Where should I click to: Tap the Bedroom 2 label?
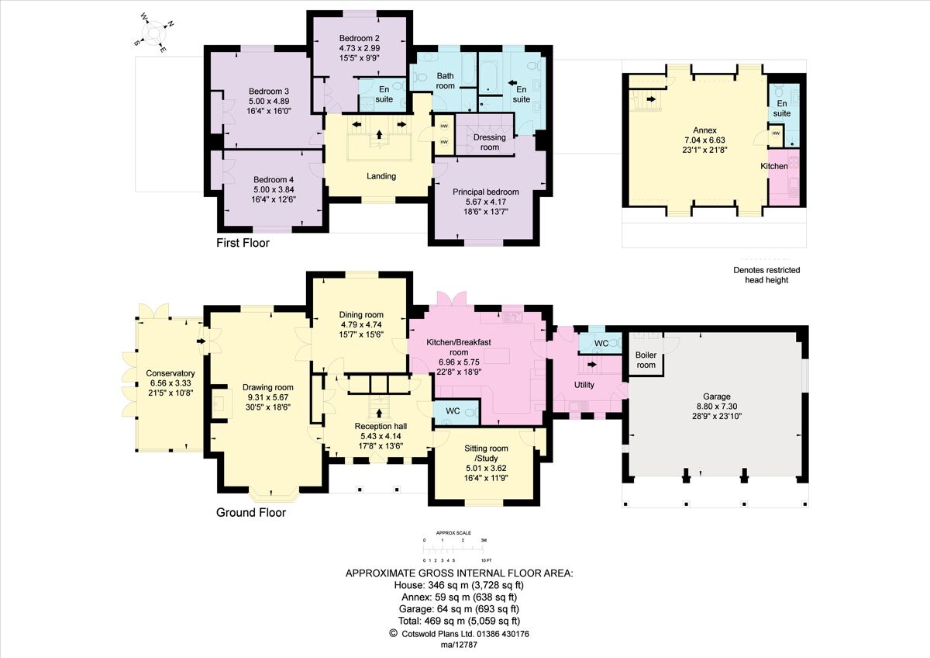(359, 38)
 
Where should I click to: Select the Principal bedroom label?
(487, 192)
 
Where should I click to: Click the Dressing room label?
(489, 142)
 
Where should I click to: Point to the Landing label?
(381, 176)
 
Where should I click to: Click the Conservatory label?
(170, 373)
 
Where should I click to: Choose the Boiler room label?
(646, 360)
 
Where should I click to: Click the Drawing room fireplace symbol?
(220, 403)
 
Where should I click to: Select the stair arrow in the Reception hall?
(379, 414)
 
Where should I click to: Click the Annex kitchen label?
(773, 166)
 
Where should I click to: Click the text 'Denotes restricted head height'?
(766, 275)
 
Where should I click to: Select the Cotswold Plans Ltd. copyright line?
(460, 633)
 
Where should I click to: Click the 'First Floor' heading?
(243, 243)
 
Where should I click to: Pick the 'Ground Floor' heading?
(250, 513)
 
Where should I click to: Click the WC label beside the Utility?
(601, 342)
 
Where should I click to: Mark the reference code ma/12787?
(458, 646)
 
